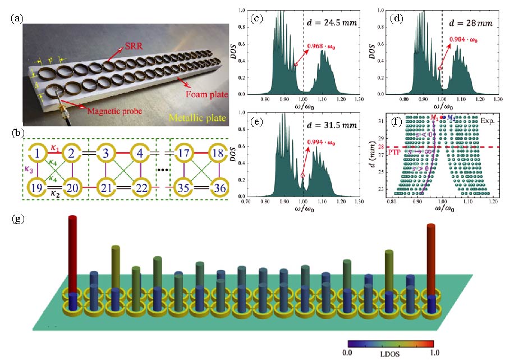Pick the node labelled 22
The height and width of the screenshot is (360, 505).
click(x=140, y=187)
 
